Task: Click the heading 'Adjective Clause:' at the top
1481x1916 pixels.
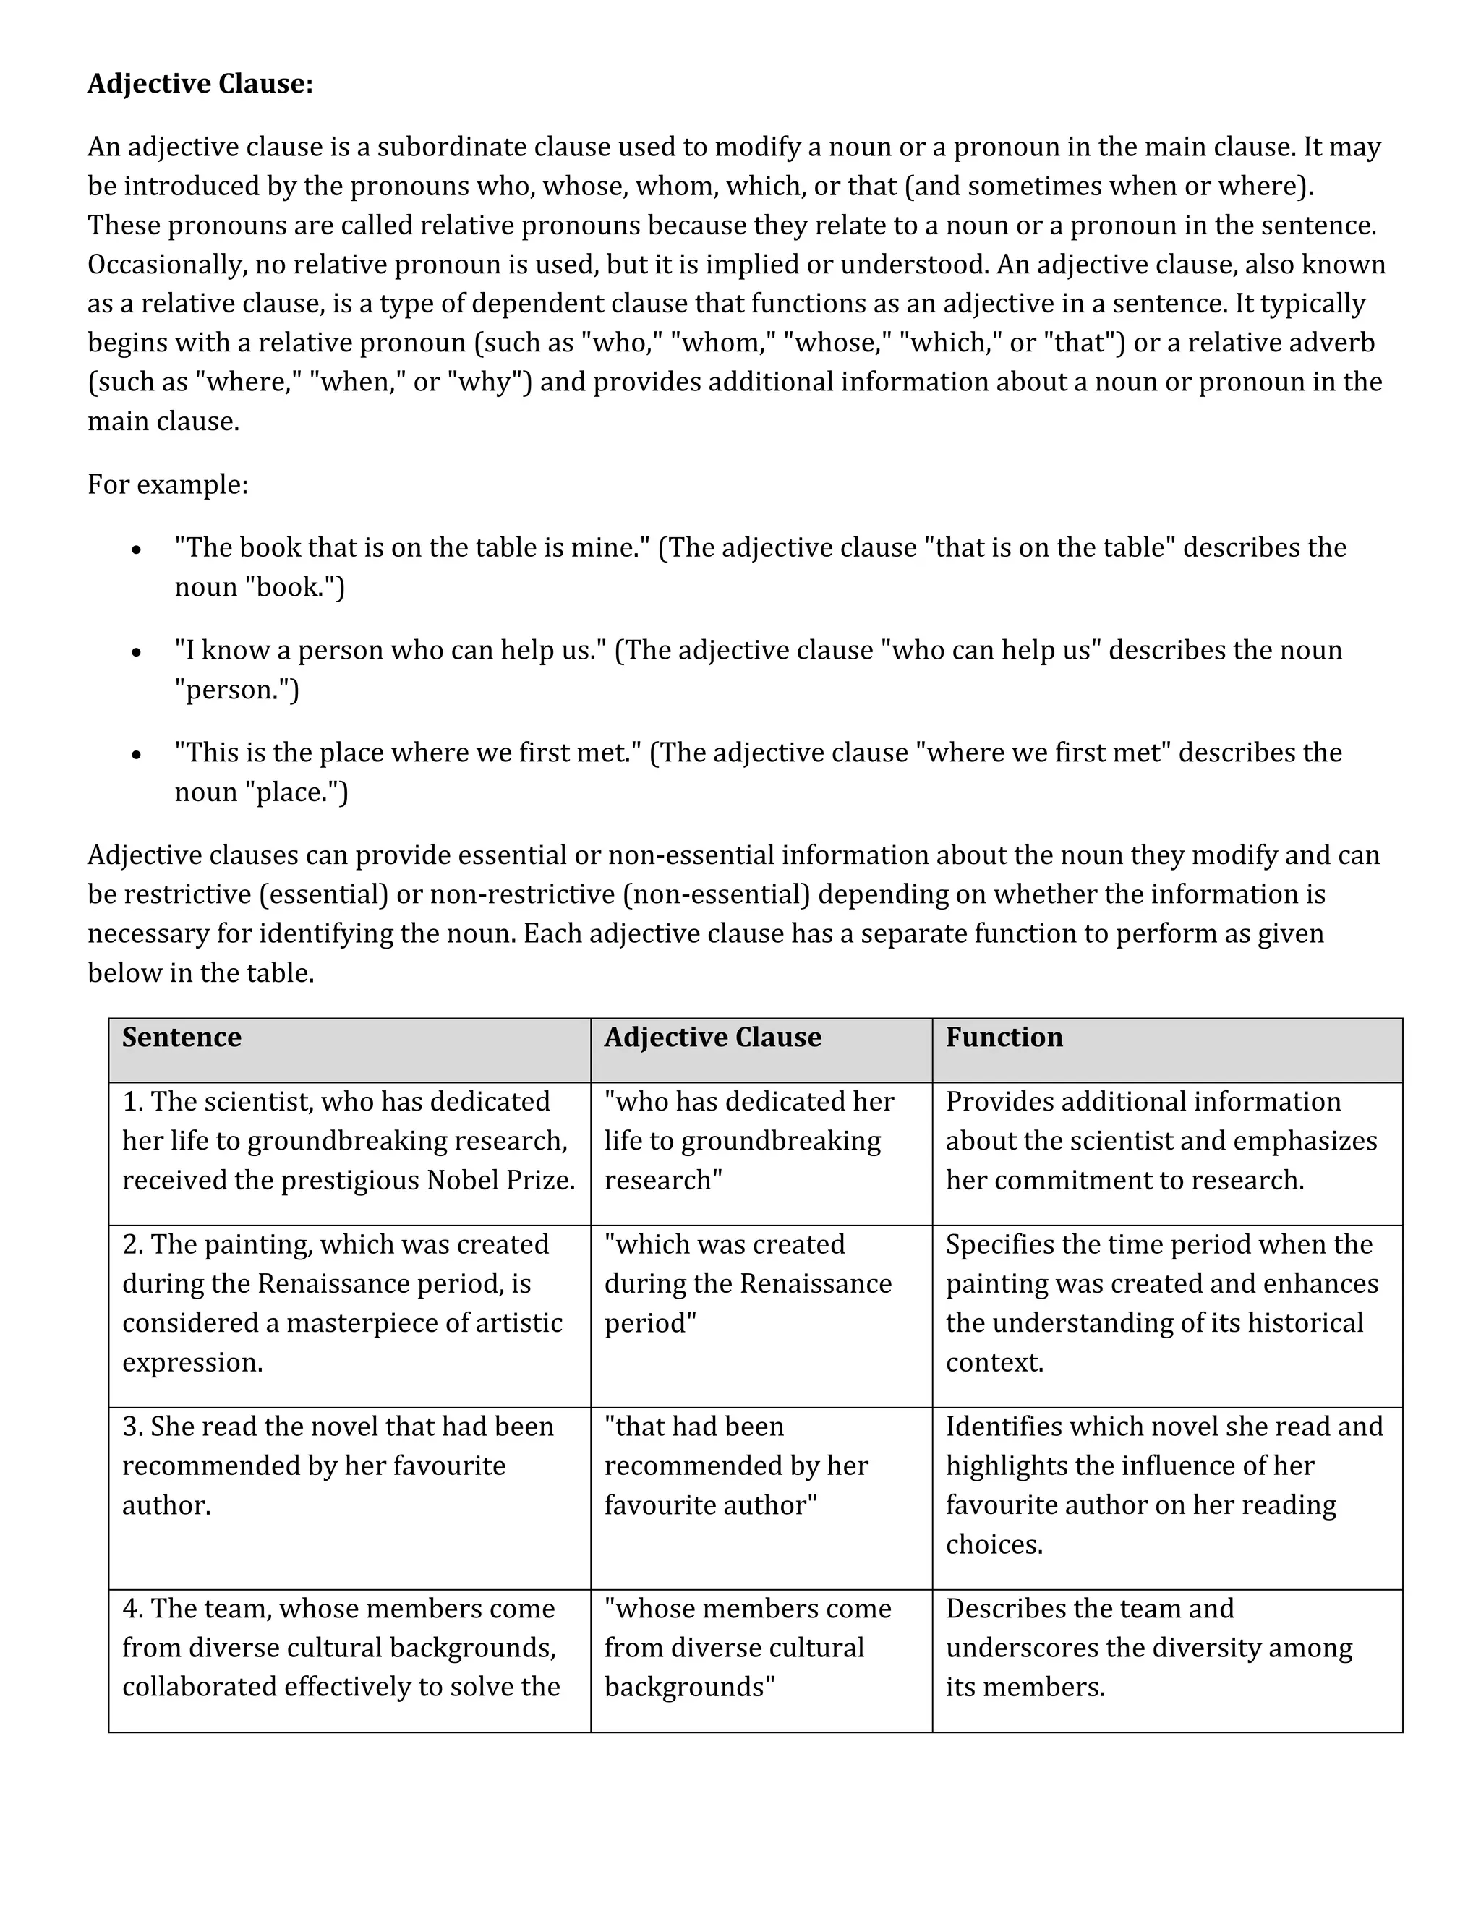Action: point(200,83)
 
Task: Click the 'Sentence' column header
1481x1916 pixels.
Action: point(182,1037)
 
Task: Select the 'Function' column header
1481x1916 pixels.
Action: point(1004,1037)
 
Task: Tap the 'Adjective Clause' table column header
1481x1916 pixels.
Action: point(712,1037)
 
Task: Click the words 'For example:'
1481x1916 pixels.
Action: point(168,484)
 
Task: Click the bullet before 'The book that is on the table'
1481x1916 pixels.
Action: point(136,551)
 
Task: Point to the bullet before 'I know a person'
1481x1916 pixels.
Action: point(136,654)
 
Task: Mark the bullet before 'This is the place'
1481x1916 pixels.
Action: point(136,756)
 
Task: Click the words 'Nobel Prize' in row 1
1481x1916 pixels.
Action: point(500,1181)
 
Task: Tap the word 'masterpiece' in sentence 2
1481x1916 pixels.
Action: point(367,1323)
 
